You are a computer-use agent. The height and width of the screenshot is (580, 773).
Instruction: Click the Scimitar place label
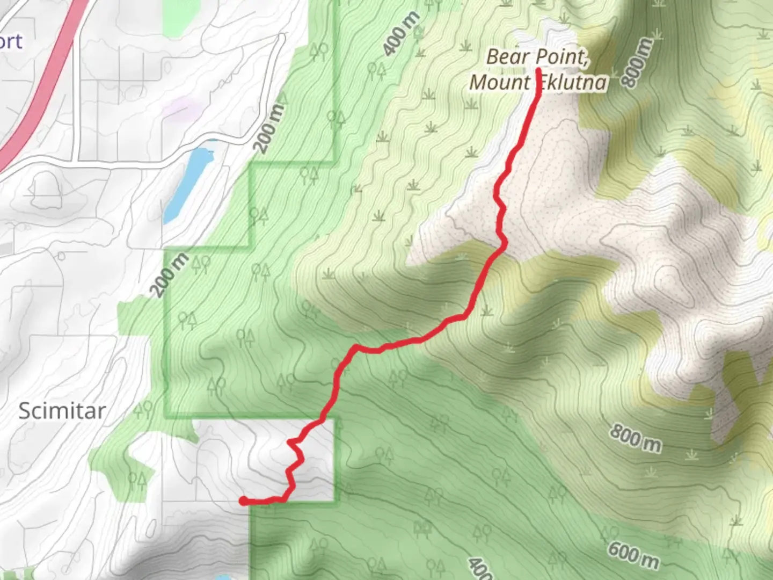click(62, 411)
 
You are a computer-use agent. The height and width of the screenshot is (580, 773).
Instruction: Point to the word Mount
click(499, 83)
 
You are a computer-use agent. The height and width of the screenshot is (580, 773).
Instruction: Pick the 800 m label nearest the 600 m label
click(635, 438)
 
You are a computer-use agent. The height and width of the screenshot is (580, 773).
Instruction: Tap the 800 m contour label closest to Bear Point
click(638, 62)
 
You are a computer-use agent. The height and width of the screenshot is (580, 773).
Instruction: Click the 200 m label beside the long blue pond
click(269, 127)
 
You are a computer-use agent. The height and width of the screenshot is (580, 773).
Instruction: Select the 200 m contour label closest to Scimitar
click(170, 275)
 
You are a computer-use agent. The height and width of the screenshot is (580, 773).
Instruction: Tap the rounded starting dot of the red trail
click(243, 501)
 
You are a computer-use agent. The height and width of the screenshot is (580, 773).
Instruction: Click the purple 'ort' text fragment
click(11, 41)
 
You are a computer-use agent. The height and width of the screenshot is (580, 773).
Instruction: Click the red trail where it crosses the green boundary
click(322, 418)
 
